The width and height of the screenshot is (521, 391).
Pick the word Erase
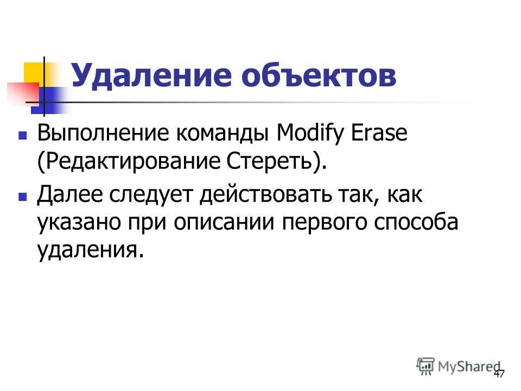click(x=380, y=134)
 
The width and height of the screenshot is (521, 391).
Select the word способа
click(x=424, y=223)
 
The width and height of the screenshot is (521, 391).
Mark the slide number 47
click(x=499, y=374)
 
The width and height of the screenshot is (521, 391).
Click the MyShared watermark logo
click(x=459, y=366)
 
